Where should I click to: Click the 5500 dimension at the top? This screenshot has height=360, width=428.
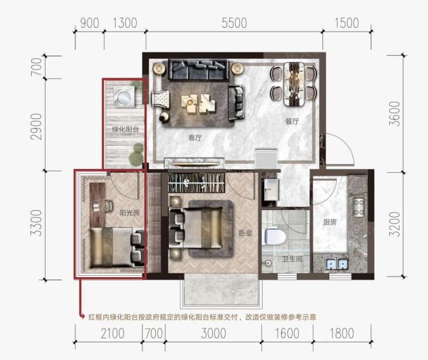click(234, 23)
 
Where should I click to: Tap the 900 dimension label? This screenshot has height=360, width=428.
click(90, 23)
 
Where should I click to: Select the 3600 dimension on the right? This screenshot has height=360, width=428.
click(394, 114)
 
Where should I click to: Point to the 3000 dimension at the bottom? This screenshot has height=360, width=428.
click(213, 333)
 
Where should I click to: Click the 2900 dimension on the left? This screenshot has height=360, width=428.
click(36, 127)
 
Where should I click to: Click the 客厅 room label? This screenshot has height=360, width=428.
click(195, 138)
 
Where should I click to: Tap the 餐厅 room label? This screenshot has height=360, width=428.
click(292, 121)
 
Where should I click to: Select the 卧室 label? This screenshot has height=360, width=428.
click(246, 233)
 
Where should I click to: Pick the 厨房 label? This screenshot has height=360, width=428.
click(330, 222)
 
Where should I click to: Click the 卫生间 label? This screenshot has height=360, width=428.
click(293, 259)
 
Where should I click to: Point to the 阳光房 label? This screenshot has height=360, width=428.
click(129, 213)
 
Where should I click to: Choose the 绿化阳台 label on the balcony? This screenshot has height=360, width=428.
click(125, 129)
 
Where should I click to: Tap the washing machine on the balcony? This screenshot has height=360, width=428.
click(125, 97)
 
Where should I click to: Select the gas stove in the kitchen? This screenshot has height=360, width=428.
click(358, 208)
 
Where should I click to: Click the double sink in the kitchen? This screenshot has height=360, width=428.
click(337, 264)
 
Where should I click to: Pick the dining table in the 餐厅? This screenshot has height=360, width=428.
click(294, 84)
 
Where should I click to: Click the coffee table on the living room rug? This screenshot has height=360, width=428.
click(198, 103)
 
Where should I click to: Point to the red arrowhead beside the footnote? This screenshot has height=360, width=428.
click(82, 316)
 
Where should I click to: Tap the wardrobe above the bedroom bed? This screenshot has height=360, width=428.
click(196, 183)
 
